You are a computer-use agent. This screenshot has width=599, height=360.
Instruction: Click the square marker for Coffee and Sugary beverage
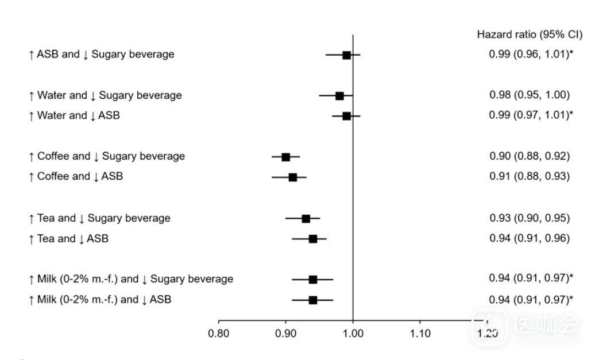[x=286, y=157]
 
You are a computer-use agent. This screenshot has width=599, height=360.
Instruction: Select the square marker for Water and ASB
[x=346, y=116]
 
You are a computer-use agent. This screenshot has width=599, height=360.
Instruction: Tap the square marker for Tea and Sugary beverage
[x=306, y=219]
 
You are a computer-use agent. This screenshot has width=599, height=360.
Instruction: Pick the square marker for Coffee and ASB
[x=293, y=177]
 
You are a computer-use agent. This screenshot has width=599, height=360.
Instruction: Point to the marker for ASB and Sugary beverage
[x=346, y=55]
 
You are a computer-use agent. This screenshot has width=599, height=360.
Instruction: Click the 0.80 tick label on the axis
[x=219, y=334]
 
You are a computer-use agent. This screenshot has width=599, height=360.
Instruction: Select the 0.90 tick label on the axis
[x=286, y=334]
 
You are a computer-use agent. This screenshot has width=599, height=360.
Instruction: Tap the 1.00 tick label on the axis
[x=353, y=334]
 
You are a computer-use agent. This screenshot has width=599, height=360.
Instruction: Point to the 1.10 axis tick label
[x=420, y=334]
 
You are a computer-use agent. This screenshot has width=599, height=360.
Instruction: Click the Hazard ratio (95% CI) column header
[x=530, y=35]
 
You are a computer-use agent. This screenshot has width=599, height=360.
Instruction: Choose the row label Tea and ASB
[x=68, y=238]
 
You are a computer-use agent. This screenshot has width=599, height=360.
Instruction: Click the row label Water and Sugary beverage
[x=105, y=95]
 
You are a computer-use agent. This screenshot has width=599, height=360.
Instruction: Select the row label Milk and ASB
[x=100, y=299]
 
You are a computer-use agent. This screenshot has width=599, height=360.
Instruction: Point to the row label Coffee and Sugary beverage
[x=107, y=156]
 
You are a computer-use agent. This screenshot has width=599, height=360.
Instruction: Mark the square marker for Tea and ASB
[x=313, y=239]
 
